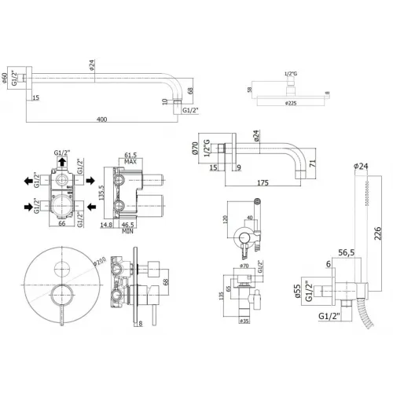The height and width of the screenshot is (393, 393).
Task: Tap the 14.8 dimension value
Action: click(x=109, y=225)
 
